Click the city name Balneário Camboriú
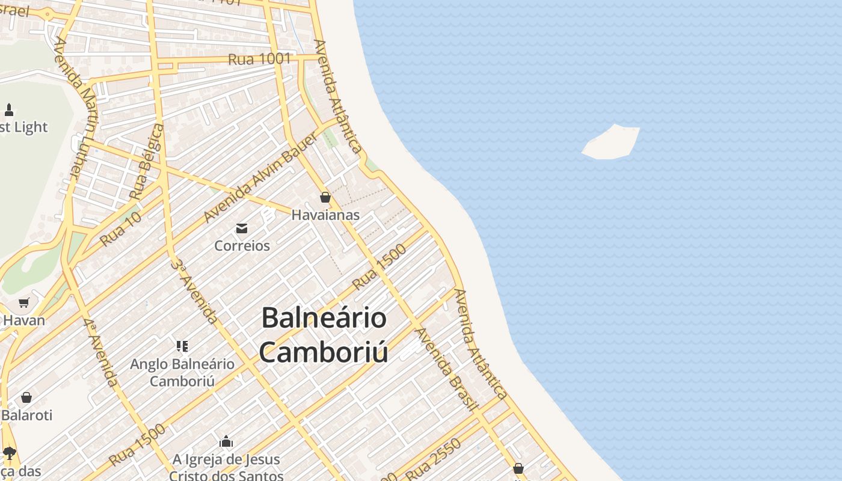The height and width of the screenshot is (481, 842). [324, 335]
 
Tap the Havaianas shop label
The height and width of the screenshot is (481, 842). [325, 215]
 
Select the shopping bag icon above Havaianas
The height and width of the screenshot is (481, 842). [325, 197]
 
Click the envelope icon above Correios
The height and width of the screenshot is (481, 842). [242, 228]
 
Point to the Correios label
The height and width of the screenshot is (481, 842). [242, 245]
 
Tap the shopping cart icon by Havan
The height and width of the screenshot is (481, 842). [24, 302]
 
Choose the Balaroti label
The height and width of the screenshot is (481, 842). [27, 415]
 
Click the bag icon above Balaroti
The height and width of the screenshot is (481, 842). [26, 397]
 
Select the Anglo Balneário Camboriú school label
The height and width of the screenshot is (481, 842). [182, 372]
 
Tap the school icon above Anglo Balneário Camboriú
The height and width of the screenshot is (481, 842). [182, 346]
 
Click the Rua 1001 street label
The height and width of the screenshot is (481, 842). [259, 59]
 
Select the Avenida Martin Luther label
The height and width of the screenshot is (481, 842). [76, 108]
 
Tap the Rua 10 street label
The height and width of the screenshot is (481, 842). [121, 228]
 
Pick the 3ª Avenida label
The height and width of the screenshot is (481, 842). [194, 291]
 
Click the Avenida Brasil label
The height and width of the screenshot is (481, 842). [446, 369]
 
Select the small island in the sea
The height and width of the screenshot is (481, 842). [611, 142]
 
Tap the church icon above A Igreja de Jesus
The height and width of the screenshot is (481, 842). [226, 442]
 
